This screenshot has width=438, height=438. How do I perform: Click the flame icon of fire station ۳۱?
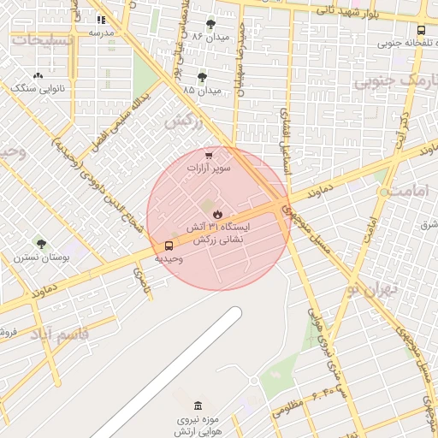point(218,214)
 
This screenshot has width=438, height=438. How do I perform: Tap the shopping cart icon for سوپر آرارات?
point(210,156)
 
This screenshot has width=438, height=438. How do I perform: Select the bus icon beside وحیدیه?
point(168,246)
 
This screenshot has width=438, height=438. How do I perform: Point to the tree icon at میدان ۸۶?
point(211,24)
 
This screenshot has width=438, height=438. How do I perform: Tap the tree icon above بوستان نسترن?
point(38,244)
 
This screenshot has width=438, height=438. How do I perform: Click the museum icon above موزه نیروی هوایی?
point(198,405)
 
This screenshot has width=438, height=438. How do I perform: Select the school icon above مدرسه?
point(101,19)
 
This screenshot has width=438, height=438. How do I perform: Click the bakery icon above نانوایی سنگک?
point(37,76)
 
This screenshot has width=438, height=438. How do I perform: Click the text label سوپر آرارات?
point(210,169)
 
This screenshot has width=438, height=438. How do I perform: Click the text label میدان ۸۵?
point(202,89)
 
